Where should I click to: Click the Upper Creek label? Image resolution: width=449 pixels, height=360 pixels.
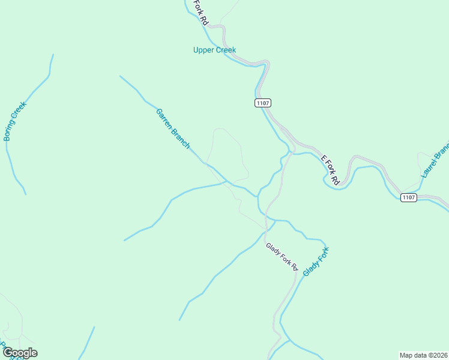[214, 50]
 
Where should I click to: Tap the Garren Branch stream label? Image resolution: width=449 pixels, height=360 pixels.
[173, 128]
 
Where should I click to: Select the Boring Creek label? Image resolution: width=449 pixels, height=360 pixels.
[15, 121]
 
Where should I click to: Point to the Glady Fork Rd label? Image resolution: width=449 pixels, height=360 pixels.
[282, 256]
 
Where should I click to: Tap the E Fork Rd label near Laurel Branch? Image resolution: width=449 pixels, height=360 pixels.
[330, 170]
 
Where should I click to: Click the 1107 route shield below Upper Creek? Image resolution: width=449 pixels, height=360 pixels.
[262, 103]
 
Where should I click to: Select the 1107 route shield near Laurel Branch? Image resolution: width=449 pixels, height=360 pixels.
[408, 197]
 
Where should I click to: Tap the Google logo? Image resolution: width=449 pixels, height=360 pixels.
[20, 353]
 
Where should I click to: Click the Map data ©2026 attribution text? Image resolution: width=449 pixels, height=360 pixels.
[423, 355]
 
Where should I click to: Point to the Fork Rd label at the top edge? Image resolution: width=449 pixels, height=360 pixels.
[200, 12]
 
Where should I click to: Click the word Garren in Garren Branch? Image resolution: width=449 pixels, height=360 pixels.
[164, 118]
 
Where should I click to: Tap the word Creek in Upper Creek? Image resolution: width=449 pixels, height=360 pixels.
[225, 50]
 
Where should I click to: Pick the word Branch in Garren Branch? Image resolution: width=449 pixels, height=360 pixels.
[181, 138]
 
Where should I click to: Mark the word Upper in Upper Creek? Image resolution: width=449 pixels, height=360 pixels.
[203, 50]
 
